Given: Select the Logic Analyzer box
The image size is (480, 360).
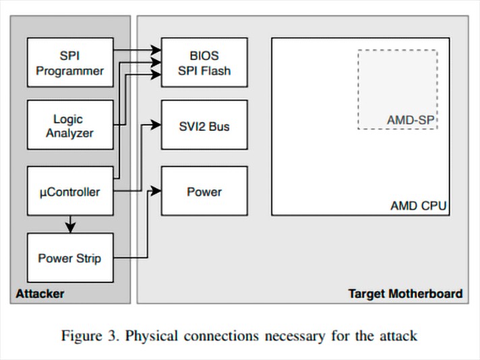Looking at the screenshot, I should point(70,125).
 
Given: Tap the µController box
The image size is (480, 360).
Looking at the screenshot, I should point(70,191).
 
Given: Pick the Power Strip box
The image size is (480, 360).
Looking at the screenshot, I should point(70,258).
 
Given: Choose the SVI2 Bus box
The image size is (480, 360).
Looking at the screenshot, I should point(204,125).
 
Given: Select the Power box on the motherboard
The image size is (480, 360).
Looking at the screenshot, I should point(204,191).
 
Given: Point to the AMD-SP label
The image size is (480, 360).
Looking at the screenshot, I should point(411,120).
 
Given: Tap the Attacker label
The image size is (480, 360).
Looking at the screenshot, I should point(40,293).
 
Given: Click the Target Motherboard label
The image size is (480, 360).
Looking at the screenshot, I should point(405,293).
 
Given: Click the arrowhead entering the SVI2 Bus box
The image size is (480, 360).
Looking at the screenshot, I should point(156,125).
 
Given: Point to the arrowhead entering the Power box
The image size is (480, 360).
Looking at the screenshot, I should point(156,191).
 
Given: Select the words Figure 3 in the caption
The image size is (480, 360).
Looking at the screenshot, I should point(90,335).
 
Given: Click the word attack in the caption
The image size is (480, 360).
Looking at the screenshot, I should point(400,335).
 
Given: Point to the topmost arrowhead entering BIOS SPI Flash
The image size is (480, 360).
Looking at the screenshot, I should point(156,50).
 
